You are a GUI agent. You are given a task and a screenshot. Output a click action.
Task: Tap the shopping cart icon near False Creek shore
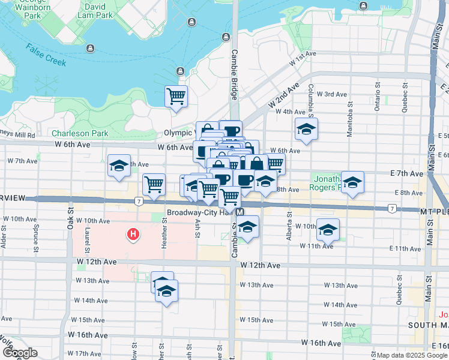coord(176,96)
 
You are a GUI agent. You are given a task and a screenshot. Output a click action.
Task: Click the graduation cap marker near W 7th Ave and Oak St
coord(119,166)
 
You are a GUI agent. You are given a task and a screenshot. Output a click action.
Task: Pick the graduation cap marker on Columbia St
coord(306,129)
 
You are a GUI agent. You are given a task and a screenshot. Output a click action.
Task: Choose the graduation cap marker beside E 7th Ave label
coord(352,182)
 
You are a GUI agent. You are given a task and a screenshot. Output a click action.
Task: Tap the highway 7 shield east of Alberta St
coord(391,208)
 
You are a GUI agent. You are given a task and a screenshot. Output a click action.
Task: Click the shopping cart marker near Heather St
coord(154,184)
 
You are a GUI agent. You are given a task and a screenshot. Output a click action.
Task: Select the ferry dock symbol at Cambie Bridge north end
coord(225,37)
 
